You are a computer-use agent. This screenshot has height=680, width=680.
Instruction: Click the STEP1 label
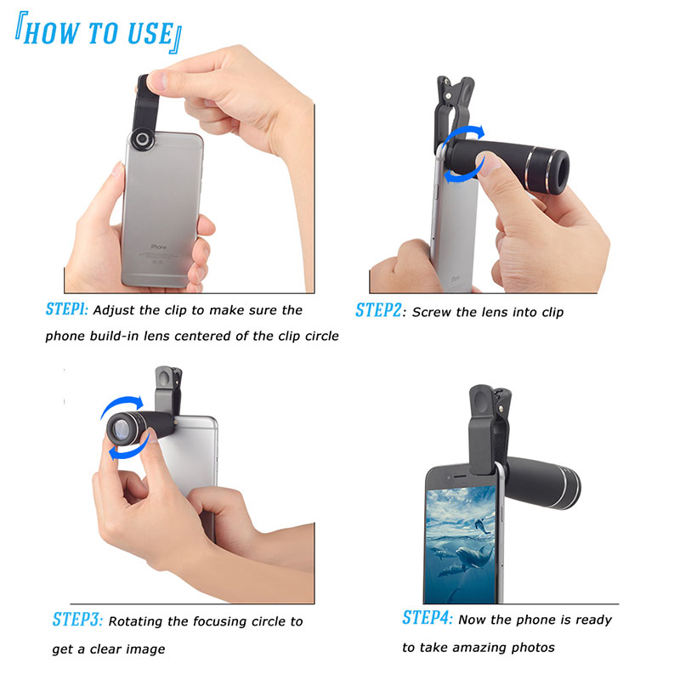click(x=67, y=309)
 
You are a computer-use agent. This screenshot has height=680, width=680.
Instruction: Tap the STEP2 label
click(x=378, y=310)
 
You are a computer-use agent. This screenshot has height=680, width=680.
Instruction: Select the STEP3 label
click(x=77, y=620)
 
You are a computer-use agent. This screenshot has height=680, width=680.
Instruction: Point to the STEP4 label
click(x=428, y=618)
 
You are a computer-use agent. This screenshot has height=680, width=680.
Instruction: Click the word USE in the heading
click(x=150, y=33)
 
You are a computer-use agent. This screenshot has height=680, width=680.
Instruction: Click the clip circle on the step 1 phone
click(x=142, y=139)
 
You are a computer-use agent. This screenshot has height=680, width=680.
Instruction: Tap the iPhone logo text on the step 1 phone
click(x=158, y=246)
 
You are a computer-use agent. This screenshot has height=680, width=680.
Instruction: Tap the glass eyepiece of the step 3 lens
click(x=120, y=431)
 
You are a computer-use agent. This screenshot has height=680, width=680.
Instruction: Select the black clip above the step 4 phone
click(x=488, y=428)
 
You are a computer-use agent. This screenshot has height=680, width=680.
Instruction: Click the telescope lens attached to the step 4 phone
click(x=542, y=482)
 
